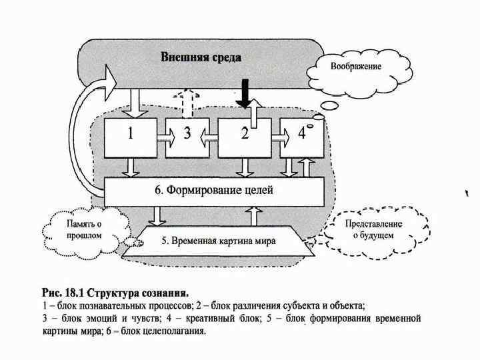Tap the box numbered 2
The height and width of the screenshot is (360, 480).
coord(245,137)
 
